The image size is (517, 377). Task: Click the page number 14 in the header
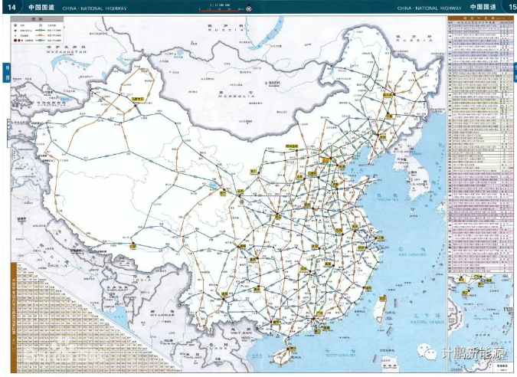pos(10,7)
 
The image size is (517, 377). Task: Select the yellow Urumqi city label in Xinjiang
pos(139,99)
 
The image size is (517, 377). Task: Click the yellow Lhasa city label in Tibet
pos(133,247)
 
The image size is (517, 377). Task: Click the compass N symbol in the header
pos(248,9)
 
